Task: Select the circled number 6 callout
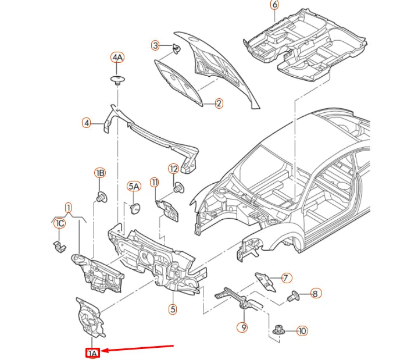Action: click(x=274, y=5)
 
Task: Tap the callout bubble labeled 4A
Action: click(x=118, y=57)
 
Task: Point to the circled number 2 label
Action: click(x=219, y=104)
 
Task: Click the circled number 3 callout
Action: click(x=155, y=45)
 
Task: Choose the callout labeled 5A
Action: click(x=134, y=186)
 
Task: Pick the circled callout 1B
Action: click(x=100, y=173)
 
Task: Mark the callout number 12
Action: click(x=173, y=169)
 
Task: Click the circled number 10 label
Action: click(x=302, y=331)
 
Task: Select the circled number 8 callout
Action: click(x=315, y=294)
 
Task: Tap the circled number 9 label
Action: click(x=244, y=327)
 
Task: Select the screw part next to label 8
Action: click(x=293, y=296)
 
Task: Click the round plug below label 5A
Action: click(x=135, y=208)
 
